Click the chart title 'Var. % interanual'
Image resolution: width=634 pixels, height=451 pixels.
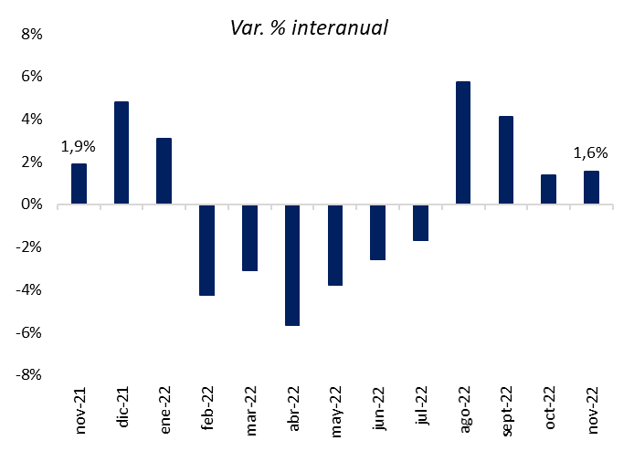click(310, 28)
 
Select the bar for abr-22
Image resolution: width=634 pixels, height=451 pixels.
click(292, 265)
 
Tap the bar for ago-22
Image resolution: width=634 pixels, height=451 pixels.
click(463, 143)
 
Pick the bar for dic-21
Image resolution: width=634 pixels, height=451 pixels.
click(122, 153)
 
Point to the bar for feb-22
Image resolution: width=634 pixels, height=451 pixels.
click(206, 250)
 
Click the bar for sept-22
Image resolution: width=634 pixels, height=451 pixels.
click(506, 161)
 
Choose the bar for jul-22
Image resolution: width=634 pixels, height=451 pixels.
click(420, 223)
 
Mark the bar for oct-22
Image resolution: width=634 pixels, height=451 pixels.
click(549, 190)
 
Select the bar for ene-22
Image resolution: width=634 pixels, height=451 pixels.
click(164, 172)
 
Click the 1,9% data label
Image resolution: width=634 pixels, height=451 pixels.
click(79, 146)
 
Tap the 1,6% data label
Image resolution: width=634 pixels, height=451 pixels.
click(591, 153)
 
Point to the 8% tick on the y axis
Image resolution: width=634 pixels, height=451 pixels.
click(31, 35)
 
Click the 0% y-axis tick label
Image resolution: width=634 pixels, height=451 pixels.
click(31, 205)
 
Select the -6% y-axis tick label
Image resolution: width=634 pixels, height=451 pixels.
click(29, 332)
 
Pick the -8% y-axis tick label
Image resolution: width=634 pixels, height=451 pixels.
click(29, 374)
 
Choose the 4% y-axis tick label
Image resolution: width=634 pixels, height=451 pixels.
click(31, 120)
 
